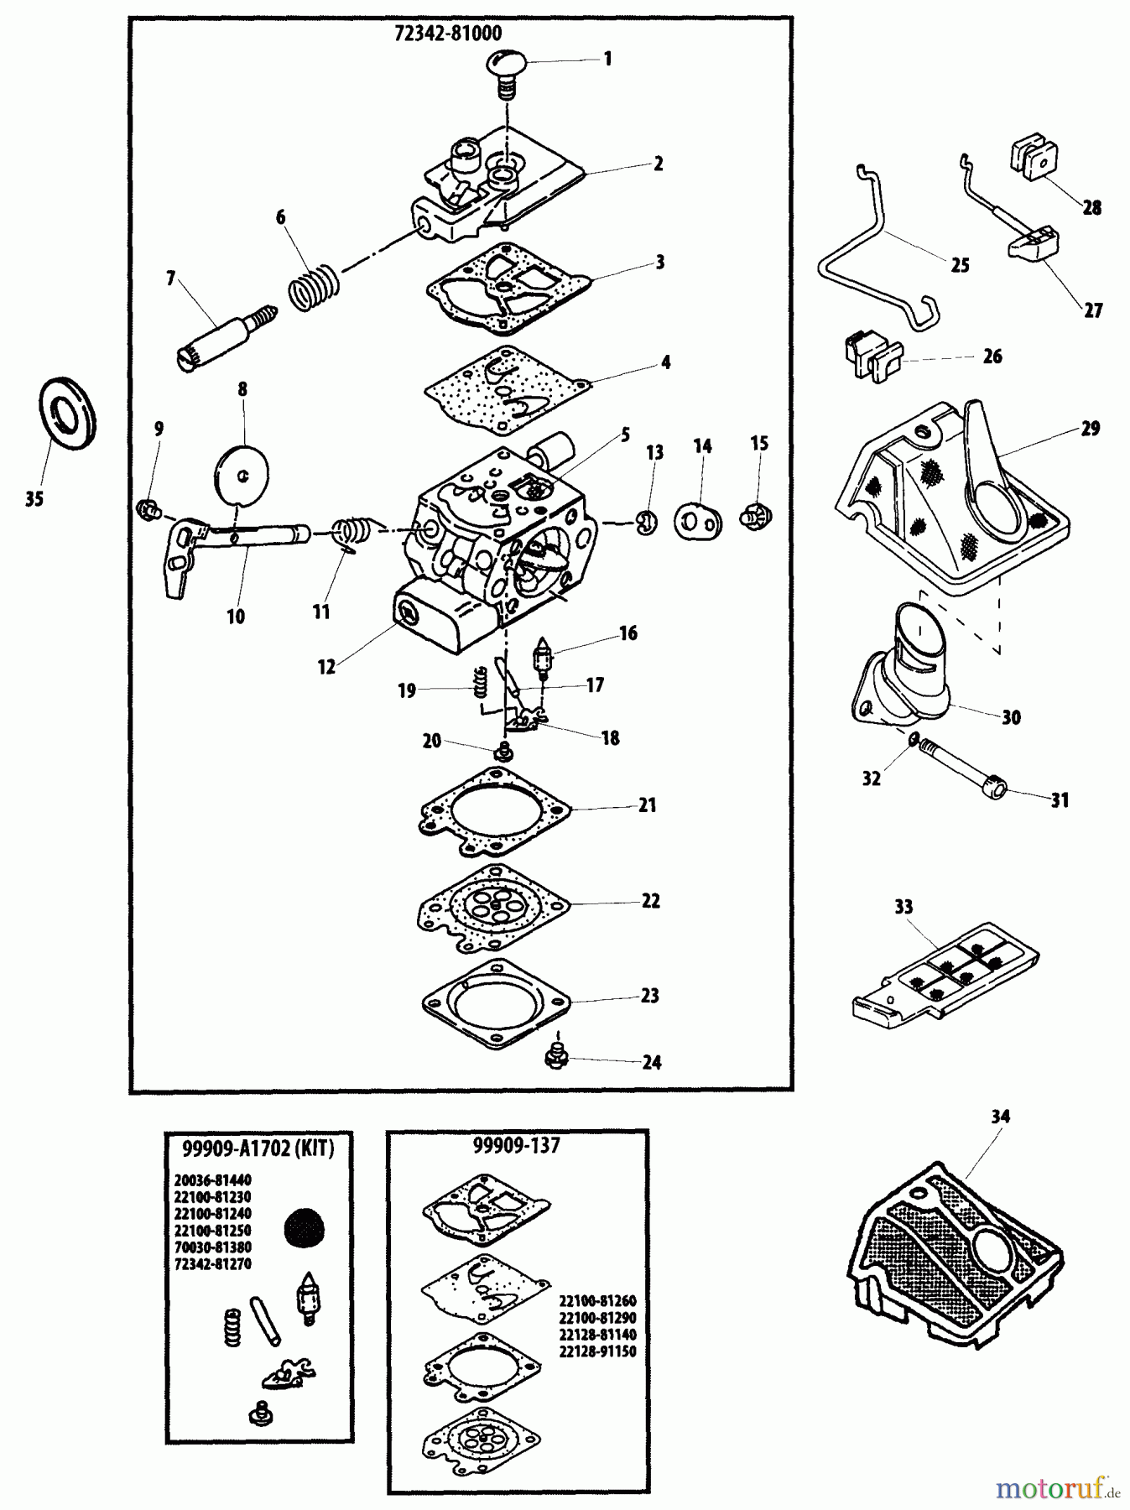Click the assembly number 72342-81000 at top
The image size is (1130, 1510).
click(448, 34)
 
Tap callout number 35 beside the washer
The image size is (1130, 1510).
click(34, 500)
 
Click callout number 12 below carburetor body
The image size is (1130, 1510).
click(326, 666)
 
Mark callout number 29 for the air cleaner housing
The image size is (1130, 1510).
click(1090, 429)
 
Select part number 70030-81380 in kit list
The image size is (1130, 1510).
click(213, 1247)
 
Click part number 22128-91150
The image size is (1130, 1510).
click(597, 1351)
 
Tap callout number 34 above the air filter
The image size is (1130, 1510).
click(1000, 1117)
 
